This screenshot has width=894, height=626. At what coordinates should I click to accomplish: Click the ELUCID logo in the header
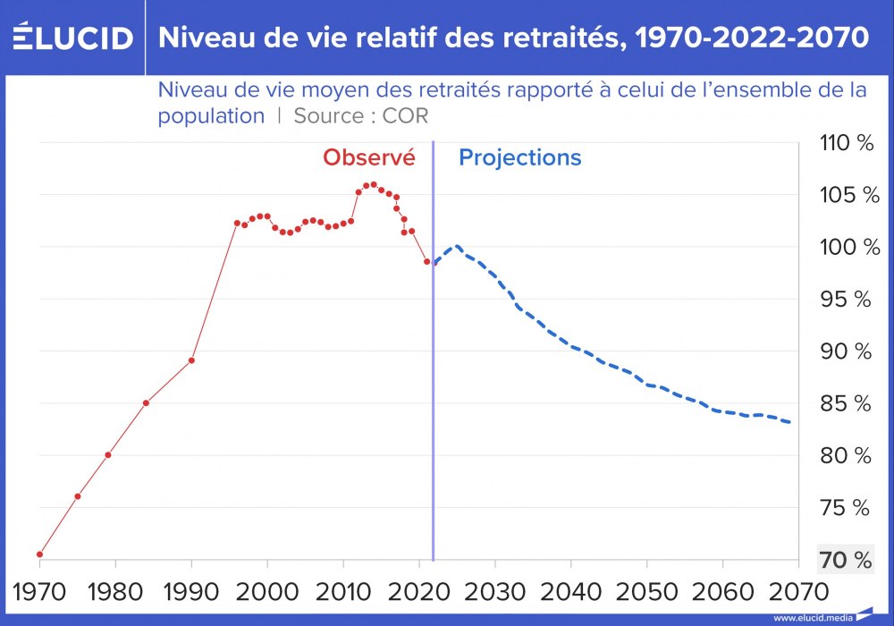click(72, 38)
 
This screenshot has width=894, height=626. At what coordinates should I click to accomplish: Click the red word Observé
click(369, 158)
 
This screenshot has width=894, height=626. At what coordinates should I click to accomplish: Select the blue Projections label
click(519, 158)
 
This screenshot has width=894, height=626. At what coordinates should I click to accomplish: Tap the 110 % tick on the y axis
click(846, 143)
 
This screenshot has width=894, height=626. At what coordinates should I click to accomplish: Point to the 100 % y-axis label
click(846, 248)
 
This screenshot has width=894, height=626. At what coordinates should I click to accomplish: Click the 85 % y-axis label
click(846, 404)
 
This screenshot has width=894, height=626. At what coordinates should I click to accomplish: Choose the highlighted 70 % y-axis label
click(846, 561)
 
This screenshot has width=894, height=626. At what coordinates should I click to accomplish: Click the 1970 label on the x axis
click(39, 591)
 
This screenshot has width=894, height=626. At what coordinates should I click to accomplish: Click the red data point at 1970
click(40, 554)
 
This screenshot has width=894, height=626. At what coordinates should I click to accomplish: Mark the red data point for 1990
click(191, 360)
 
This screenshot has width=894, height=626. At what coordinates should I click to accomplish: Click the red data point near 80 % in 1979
click(108, 454)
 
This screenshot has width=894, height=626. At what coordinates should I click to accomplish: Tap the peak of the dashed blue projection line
click(457, 247)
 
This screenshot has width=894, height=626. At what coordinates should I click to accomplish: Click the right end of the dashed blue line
click(789, 422)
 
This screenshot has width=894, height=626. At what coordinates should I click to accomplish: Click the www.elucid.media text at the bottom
click(813, 618)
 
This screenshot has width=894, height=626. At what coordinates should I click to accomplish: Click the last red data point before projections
click(426, 262)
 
